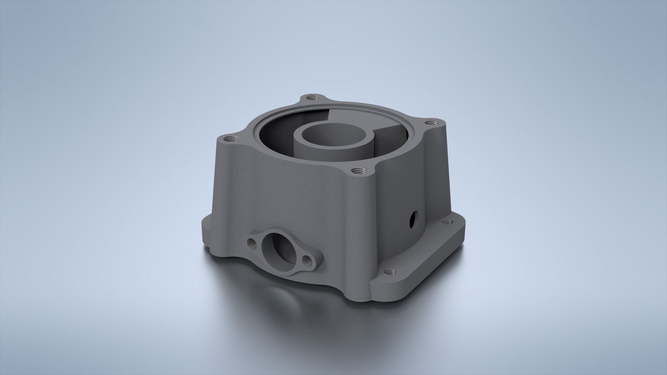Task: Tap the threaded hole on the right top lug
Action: click(x=431, y=122)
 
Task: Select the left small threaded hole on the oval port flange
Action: click(x=251, y=242)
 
